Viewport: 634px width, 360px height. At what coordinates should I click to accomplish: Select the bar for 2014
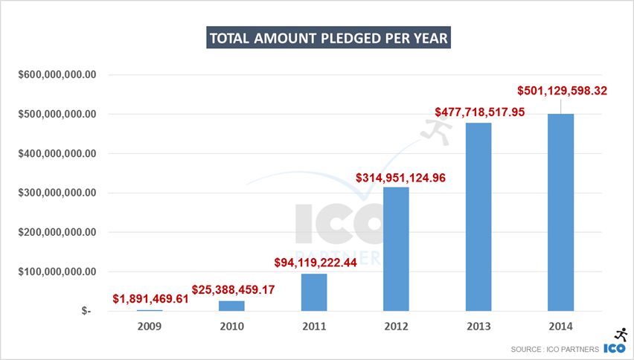tap(560, 212)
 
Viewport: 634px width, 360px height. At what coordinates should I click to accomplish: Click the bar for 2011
tap(314, 292)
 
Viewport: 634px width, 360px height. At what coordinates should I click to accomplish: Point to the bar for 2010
tap(231, 305)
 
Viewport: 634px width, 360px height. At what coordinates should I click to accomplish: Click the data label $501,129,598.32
tap(563, 91)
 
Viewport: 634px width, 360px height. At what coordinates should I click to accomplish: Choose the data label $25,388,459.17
tap(233, 289)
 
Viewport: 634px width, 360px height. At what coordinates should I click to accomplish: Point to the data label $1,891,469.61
tap(150, 298)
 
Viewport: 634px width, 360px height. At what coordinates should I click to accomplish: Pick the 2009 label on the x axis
tap(150, 325)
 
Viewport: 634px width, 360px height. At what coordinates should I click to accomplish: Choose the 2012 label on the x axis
tap(396, 325)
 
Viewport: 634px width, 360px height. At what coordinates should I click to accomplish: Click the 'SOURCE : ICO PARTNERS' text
tap(554, 350)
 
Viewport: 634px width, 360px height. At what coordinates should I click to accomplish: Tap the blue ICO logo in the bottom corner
tap(615, 348)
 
